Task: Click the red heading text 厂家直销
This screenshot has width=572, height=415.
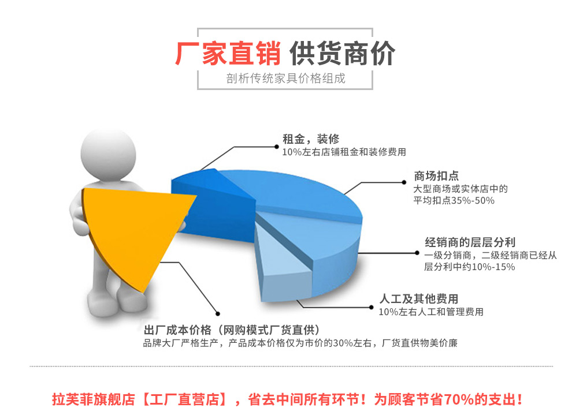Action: tap(228, 53)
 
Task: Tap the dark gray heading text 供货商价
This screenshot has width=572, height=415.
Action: tap(342, 53)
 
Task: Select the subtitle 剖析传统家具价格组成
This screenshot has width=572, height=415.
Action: tap(285, 78)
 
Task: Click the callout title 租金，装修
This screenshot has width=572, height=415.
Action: tap(311, 139)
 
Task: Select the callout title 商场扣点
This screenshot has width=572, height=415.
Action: tap(436, 176)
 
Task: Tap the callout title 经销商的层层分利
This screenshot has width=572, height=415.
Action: tap(470, 242)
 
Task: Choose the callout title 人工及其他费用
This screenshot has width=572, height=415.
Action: tap(419, 299)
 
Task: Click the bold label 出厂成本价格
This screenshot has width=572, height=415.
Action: tap(177, 330)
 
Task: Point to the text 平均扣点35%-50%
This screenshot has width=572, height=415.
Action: tap(454, 200)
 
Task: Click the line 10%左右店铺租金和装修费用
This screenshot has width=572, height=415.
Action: tap(344, 152)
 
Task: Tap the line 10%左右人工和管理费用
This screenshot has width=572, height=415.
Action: tap(431, 312)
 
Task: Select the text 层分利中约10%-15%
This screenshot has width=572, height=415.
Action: tap(470, 267)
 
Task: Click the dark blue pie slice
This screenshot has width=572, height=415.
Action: tap(211, 208)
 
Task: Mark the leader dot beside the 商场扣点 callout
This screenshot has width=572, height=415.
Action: tap(404, 182)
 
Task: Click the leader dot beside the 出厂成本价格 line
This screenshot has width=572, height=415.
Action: tap(218, 314)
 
